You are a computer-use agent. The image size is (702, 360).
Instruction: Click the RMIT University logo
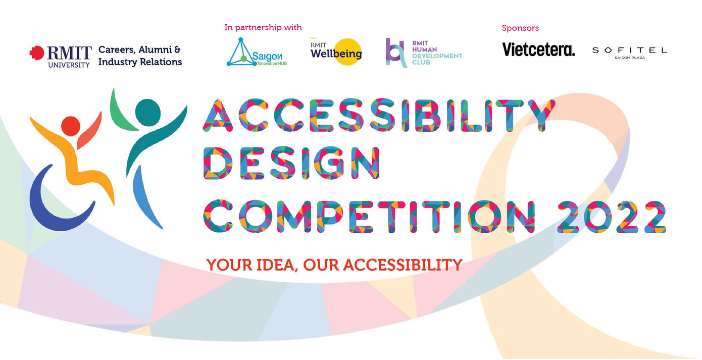click(x=61, y=56)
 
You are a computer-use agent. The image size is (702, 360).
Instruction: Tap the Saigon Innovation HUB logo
click(x=253, y=53)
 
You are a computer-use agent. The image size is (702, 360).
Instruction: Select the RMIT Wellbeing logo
click(x=336, y=52)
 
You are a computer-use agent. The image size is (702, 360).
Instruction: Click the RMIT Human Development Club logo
click(x=423, y=53)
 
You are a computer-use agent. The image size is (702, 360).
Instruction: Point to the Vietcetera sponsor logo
click(x=538, y=49)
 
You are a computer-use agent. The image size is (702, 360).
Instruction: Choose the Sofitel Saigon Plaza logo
click(x=629, y=52)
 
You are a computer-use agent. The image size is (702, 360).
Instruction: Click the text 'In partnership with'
click(x=263, y=27)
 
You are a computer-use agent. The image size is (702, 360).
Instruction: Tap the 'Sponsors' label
click(x=520, y=28)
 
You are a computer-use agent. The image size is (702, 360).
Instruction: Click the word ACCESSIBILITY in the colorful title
click(x=379, y=115)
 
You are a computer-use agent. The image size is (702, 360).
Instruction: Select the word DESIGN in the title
click(x=291, y=164)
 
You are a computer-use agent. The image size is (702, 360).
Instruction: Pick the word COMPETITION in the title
click(x=370, y=216)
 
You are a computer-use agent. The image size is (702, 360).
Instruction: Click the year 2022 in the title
click(x=611, y=216)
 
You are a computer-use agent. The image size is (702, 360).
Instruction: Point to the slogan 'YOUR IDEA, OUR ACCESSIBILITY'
click(x=334, y=264)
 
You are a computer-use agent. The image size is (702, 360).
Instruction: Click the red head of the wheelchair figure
click(x=70, y=126)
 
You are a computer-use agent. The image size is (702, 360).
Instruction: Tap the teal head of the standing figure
click(x=147, y=112)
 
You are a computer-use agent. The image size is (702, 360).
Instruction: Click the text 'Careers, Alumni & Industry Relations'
click(x=140, y=56)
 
